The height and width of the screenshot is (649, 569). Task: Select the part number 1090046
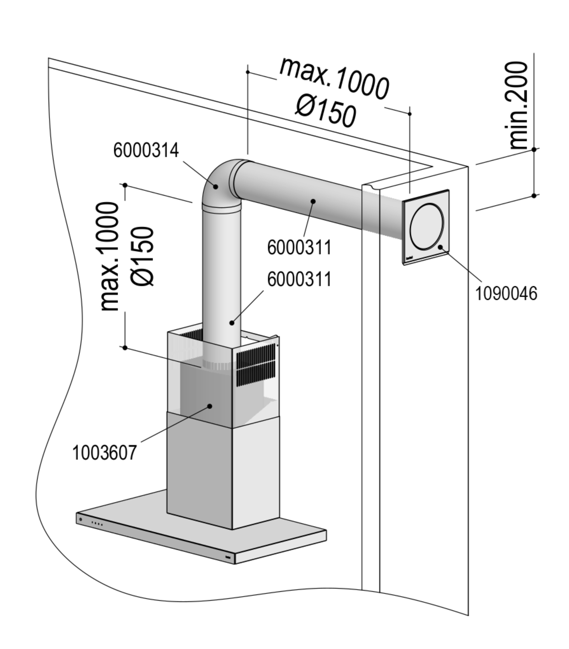coord(506,293)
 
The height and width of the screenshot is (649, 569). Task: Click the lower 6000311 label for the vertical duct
coord(299,280)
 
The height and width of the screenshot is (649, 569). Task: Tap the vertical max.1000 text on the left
coord(110,256)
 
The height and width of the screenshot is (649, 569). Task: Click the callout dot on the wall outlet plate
coord(440,247)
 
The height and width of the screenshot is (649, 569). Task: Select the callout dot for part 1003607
coord(209,406)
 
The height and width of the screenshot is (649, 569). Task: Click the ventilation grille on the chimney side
coord(256,364)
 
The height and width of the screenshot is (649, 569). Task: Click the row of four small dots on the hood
coord(97,532)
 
